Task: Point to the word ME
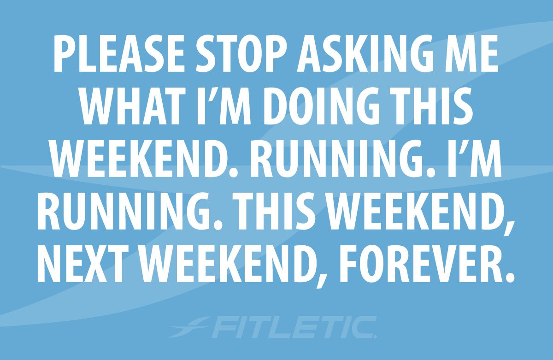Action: click(472, 58)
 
